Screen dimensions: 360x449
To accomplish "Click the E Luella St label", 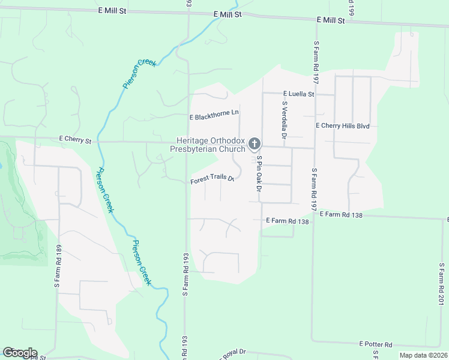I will pos(298,94).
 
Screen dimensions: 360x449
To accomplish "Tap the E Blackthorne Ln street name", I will pos(214,113).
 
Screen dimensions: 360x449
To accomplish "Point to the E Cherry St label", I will pos(75,140).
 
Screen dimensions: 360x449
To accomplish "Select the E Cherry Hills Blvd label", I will pos(342,126).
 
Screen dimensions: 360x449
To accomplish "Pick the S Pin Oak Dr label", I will pos(259,175).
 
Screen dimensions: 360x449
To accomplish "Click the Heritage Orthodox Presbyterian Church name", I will pos(207,144).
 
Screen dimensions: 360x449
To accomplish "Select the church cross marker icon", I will pos(255,144).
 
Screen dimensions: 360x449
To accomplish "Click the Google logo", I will pos(20,353).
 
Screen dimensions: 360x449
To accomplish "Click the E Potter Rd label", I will pos(376,344).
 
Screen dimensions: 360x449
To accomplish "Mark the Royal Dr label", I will pos(231,354).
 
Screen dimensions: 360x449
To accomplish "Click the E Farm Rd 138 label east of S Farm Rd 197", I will pos(341,214).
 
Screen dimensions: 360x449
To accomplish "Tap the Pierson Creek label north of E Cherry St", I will pos(139,73).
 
